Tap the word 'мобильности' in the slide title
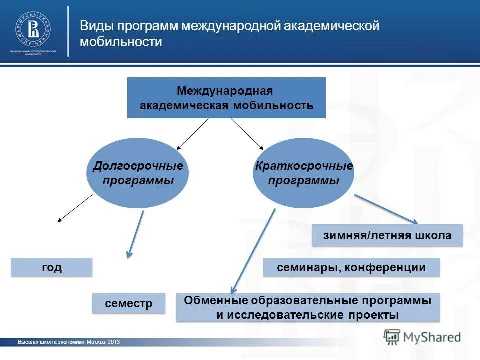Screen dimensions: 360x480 tap(121, 42)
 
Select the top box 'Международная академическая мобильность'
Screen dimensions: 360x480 tap(226, 98)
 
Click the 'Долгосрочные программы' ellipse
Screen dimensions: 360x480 tap(138, 173)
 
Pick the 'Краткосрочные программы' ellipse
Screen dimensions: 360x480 tap(304, 173)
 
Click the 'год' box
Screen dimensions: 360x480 tap(52, 267)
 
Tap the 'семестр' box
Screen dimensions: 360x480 tap(128, 303)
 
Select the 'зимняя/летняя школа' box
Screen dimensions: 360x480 tap(387, 235)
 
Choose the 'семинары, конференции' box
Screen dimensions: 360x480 tap(351, 267)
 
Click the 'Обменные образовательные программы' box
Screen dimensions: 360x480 tap(308, 307)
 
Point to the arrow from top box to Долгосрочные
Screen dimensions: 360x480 tap(192, 134)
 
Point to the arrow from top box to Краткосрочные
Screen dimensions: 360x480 tap(247, 134)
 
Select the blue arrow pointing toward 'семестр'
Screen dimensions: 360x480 tap(136, 234)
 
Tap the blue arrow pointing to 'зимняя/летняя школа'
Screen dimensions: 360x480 tap(386, 209)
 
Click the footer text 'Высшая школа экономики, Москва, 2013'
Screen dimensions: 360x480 tap(68, 342)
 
